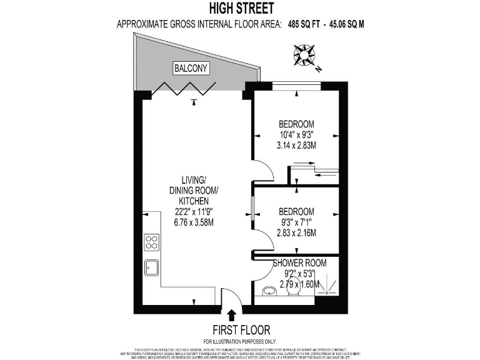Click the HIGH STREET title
(242, 9)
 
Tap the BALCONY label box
(191, 68)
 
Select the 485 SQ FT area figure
(308, 25)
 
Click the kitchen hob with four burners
(151, 242)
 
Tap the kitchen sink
(151, 267)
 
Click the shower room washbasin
(270, 291)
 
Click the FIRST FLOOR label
(242, 329)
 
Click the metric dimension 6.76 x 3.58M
(197, 222)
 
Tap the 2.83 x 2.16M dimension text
(297, 233)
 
